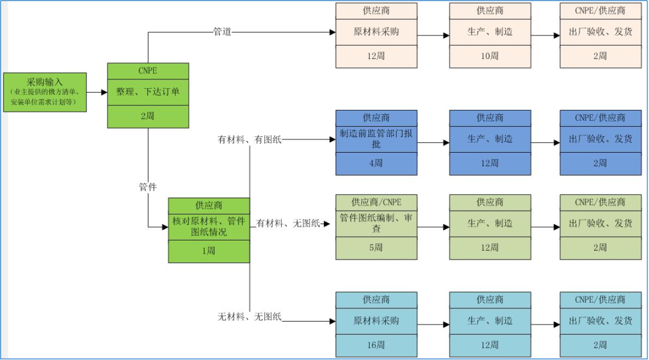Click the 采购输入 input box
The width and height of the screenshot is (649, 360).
point(44,93)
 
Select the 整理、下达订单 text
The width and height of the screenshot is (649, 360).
point(148,92)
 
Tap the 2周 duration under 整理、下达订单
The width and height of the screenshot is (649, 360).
point(148,116)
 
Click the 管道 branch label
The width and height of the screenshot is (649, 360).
point(222,32)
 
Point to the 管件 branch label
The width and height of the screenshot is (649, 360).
point(148,188)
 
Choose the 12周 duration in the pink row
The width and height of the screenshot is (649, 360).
point(376,56)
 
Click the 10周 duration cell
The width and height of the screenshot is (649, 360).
point(490,56)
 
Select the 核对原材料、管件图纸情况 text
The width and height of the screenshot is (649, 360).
point(209,226)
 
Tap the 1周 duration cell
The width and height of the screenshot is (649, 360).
point(209,251)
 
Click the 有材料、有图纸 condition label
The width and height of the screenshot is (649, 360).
point(249,140)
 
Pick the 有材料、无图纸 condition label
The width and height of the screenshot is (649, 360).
point(288,224)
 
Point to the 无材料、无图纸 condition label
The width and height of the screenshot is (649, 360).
point(249,317)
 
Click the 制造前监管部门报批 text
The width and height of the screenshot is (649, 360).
point(376,139)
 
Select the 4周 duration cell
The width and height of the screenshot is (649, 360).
point(376,163)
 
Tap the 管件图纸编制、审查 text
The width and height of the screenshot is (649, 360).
point(376,223)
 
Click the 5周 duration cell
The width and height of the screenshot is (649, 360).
point(376,247)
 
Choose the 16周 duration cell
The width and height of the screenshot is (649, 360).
point(376,345)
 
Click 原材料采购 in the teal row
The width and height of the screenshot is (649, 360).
point(376,321)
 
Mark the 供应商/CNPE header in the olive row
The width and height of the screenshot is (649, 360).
point(376,203)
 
